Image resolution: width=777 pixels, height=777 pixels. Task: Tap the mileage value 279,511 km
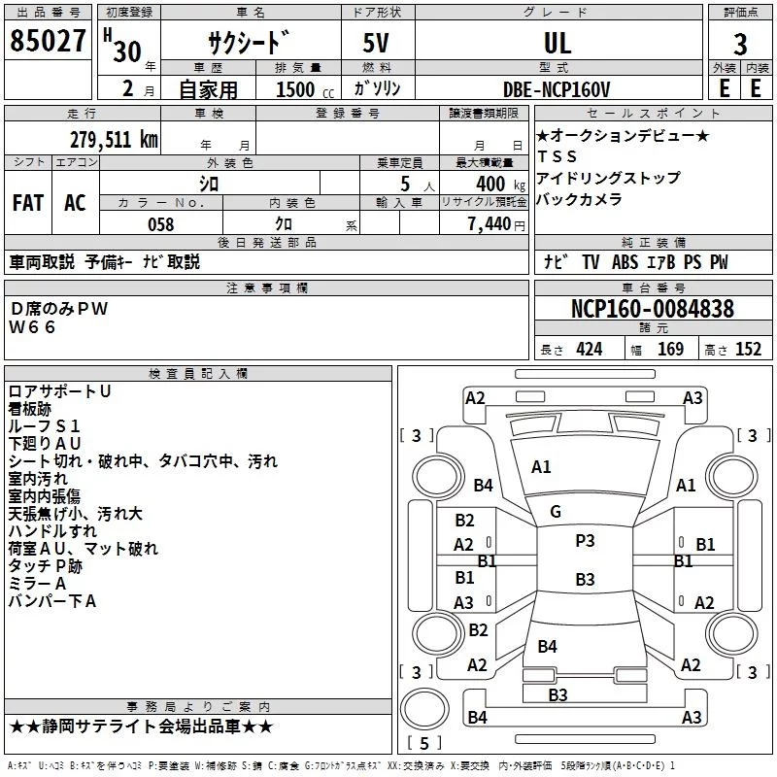click(x=114, y=139)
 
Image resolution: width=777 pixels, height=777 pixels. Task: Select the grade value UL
click(x=557, y=43)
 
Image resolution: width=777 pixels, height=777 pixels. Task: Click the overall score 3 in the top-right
click(x=740, y=45)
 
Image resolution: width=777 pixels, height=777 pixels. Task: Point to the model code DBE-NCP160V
click(x=557, y=89)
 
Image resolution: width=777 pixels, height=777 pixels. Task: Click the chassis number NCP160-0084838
click(x=652, y=309)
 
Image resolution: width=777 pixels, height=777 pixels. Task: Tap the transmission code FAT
click(x=27, y=203)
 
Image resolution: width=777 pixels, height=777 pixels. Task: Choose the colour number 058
click(x=160, y=224)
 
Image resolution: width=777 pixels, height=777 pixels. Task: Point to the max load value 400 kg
click(x=490, y=184)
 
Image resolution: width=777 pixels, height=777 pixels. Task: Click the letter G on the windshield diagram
click(x=555, y=512)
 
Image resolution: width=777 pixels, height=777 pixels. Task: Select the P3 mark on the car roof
click(x=585, y=541)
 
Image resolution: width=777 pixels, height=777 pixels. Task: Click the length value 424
click(x=589, y=350)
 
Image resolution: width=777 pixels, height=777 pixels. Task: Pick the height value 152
click(x=748, y=350)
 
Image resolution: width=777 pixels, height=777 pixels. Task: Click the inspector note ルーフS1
click(x=45, y=425)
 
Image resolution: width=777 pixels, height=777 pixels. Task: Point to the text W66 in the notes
click(x=33, y=327)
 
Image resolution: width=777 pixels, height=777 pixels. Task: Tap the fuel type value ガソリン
click(x=378, y=89)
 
